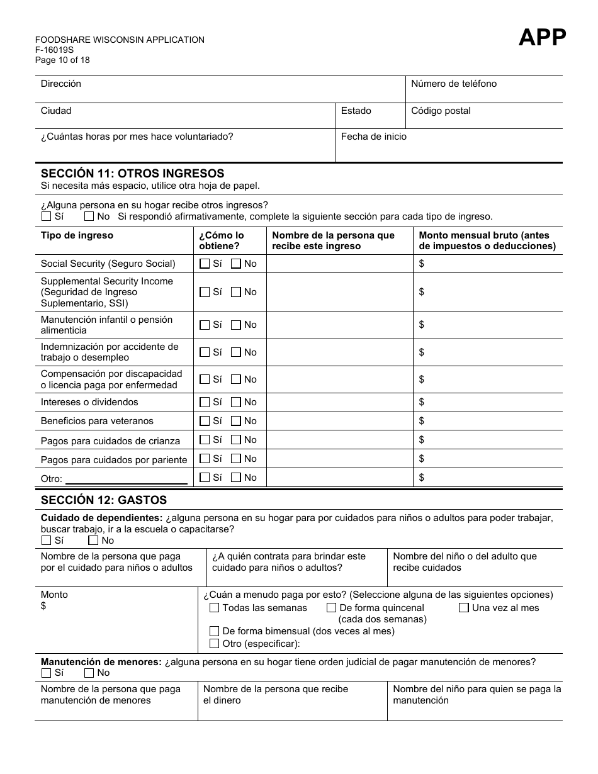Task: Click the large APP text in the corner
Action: pyautogui.click(x=542, y=38)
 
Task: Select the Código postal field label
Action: pyautogui.click(x=441, y=111)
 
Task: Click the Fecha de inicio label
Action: pyautogui.click(x=373, y=137)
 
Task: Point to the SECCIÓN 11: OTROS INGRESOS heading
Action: pyautogui.click(x=132, y=173)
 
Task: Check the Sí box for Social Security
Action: pyautogui.click(x=205, y=264)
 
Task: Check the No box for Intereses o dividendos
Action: pyautogui.click(x=236, y=402)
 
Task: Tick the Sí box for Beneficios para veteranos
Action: pyautogui.click(x=205, y=421)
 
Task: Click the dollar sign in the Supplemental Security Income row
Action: pyautogui.click(x=422, y=292)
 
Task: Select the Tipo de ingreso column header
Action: pyautogui.click(x=77, y=235)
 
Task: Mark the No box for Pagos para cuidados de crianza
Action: pyautogui.click(x=236, y=440)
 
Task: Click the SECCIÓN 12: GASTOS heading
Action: pyautogui.click(x=104, y=500)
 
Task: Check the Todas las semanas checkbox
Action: pyautogui.click(x=214, y=608)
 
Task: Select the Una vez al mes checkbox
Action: pyautogui.click(x=464, y=608)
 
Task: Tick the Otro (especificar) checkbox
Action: pyautogui.click(x=214, y=643)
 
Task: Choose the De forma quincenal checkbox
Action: pyautogui.click(x=331, y=608)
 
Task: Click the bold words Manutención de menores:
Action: pyautogui.click(x=101, y=662)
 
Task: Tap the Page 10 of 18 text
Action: pyautogui.click(x=62, y=60)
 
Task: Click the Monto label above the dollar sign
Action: pyautogui.click(x=54, y=595)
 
